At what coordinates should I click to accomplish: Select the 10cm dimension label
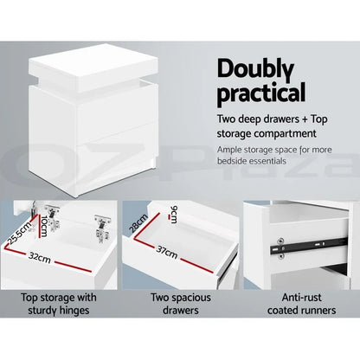pyautogui.click(x=46, y=229)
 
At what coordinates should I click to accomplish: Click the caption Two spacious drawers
pyautogui.click(x=179, y=303)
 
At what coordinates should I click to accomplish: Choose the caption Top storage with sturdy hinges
pyautogui.click(x=60, y=303)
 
